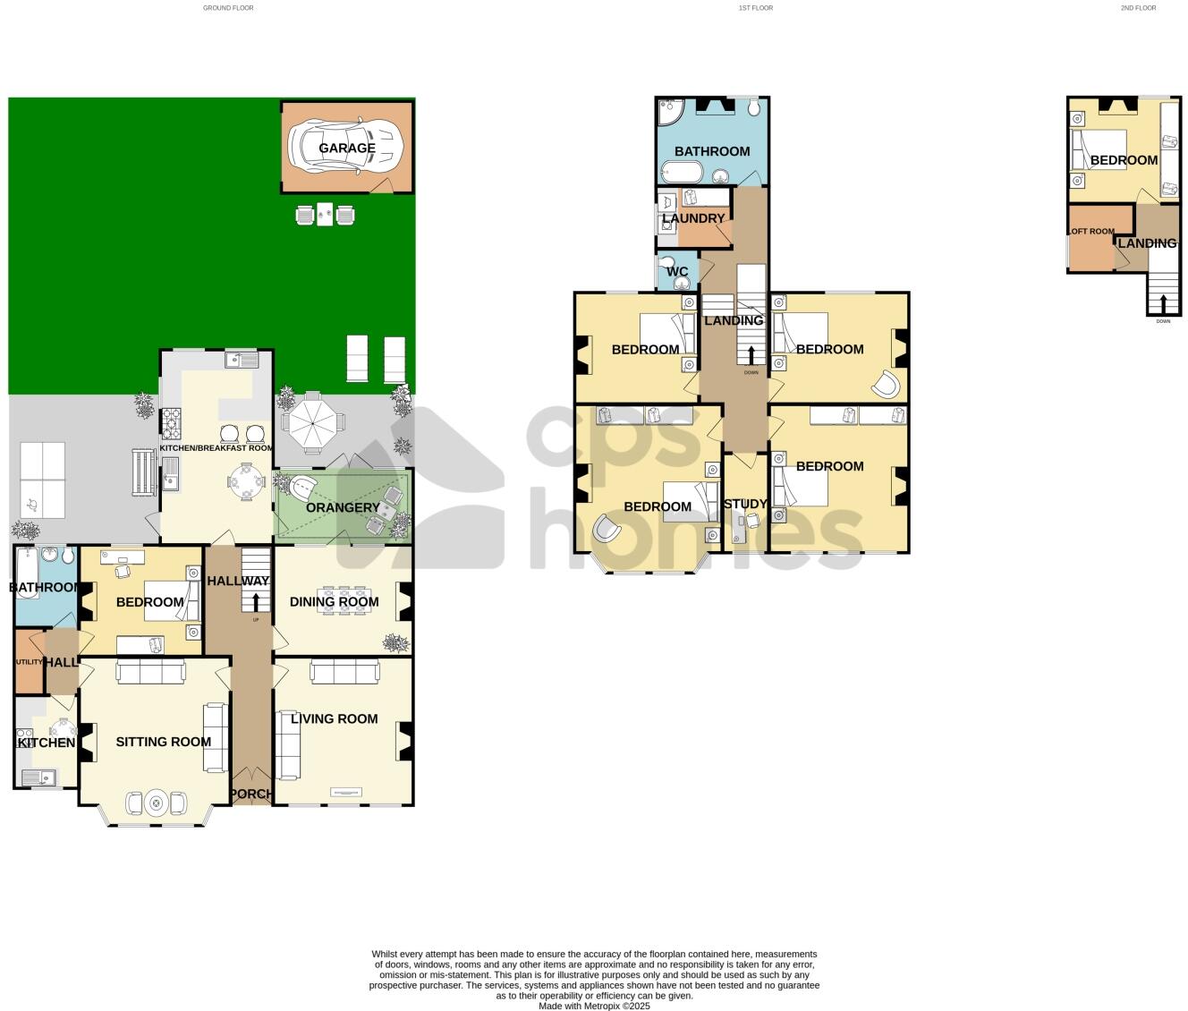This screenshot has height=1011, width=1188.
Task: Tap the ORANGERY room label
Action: [x=343, y=508]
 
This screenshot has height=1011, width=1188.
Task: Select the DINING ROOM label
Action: [x=334, y=602]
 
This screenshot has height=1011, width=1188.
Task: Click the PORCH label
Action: [x=251, y=794]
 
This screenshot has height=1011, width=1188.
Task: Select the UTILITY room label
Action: [x=29, y=662]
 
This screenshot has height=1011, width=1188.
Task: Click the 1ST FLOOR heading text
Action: [x=755, y=8]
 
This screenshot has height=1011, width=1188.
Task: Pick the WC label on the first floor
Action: [x=677, y=272]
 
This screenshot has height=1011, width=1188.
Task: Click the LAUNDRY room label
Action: [x=693, y=218]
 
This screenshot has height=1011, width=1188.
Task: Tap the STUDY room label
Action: [x=745, y=505]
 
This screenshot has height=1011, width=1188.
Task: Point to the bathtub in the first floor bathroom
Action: [x=684, y=173]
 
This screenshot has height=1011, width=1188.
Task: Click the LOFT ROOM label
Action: [x=1090, y=232]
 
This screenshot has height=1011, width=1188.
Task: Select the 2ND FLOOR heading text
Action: [x=1138, y=8]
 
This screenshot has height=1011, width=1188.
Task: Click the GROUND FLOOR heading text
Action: [x=228, y=8]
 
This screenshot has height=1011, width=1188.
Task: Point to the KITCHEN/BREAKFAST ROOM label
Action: [x=216, y=448]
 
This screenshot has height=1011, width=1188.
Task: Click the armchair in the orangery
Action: [x=303, y=489]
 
